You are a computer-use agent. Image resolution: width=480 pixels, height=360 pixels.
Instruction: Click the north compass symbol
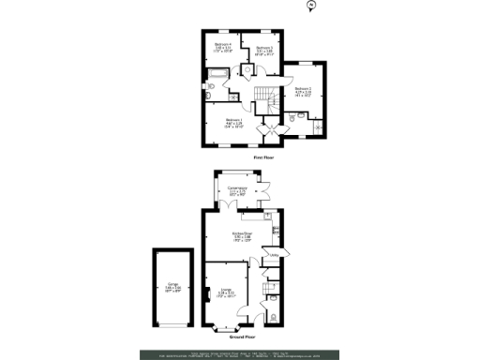coord(308,7)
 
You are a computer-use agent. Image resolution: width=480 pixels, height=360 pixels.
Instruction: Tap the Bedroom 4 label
coord(222,46)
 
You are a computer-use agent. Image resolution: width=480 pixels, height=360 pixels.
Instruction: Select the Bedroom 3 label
coord(265,50)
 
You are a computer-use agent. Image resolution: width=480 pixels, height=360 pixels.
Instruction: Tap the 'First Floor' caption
coord(263,158)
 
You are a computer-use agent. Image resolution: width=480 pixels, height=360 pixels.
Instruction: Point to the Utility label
coord(276,253)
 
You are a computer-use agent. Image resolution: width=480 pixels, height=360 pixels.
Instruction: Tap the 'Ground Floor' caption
coord(243,336)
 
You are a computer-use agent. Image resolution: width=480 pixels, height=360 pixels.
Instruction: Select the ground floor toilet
coord(274,316)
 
